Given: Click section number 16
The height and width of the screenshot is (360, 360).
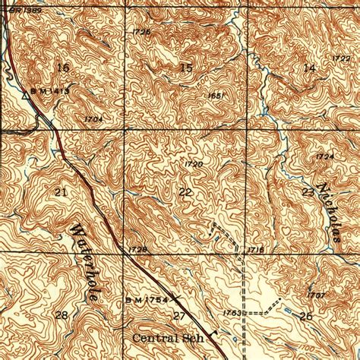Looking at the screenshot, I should pyautogui.click(x=62, y=68).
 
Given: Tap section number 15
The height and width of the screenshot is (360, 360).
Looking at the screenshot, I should pyautogui.click(x=186, y=69).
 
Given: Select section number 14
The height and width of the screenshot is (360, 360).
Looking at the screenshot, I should pyautogui.click(x=308, y=69).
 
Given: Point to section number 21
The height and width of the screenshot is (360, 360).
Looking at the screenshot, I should pyautogui.click(x=62, y=193).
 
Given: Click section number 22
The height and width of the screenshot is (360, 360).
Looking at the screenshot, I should pyautogui.click(x=185, y=193).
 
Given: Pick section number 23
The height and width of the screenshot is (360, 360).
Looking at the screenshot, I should pyautogui.click(x=307, y=192).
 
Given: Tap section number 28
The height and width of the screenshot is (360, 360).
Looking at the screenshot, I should pyautogui.click(x=62, y=314).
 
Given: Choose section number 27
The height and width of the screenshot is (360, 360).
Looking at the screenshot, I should pyautogui.click(x=180, y=315).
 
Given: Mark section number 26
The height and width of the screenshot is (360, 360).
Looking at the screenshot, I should pyautogui.click(x=306, y=315).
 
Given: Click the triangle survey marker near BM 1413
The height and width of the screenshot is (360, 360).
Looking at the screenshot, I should pyautogui.click(x=25, y=96).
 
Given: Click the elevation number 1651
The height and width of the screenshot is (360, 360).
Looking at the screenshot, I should pyautogui.click(x=216, y=95).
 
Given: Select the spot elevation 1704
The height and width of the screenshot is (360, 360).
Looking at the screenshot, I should pyautogui.click(x=94, y=119).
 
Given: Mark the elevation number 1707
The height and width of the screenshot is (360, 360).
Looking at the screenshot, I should pyautogui.click(x=317, y=294).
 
